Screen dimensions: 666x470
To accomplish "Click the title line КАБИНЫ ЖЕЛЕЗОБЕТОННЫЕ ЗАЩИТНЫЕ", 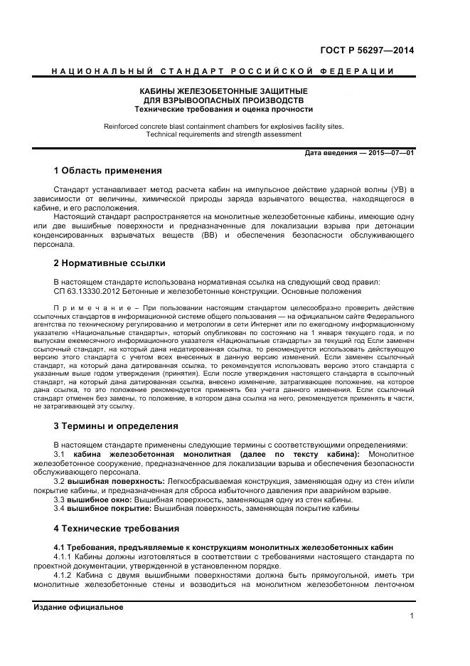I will [223, 91].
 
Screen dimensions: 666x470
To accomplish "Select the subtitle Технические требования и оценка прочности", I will [223, 110].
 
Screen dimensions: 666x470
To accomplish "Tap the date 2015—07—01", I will [391, 153].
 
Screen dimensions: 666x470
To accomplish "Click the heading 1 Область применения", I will [107, 171].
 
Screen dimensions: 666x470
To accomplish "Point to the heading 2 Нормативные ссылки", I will [110, 263].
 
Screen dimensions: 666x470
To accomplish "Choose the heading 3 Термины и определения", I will [116, 426].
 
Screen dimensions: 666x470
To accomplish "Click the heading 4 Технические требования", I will [116, 529].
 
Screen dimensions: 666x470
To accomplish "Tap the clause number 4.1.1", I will [65, 556].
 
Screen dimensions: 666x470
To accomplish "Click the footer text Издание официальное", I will [78, 607].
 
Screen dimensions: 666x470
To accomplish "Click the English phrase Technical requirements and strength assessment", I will [223, 134].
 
